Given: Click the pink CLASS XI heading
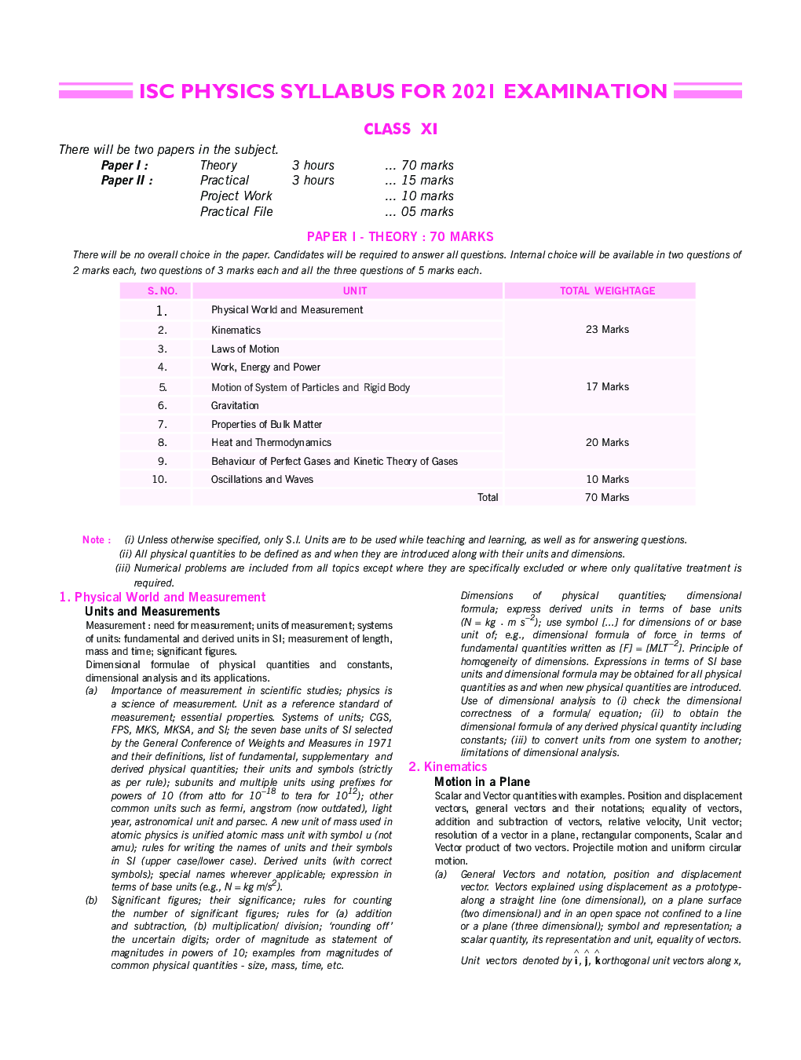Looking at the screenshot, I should [400, 129].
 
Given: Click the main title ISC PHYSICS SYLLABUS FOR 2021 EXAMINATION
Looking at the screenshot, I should [403, 92].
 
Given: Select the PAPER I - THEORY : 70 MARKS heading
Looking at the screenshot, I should [400, 236].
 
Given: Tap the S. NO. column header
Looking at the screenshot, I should [163, 291].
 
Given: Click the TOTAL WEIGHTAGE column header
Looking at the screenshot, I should [607, 291].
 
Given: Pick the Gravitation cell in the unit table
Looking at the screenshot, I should [235, 405].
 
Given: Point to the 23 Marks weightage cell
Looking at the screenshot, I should [607, 329].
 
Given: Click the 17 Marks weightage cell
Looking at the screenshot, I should [607, 386].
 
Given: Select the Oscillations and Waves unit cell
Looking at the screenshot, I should [262, 479].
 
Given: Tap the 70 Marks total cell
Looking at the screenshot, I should [607, 497].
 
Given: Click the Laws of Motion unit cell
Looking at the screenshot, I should [245, 349].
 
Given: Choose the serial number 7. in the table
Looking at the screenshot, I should [162, 424].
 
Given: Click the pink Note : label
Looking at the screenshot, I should [97, 539].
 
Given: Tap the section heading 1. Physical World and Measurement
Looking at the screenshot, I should [163, 597].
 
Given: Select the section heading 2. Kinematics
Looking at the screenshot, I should [448, 766].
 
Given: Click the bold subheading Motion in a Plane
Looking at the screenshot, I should [482, 781].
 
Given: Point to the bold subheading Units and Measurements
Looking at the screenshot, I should [152, 611].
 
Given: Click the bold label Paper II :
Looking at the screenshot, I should [126, 180].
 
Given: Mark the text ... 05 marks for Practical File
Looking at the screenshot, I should [419, 211].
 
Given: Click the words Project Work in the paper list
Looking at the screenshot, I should [236, 196].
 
